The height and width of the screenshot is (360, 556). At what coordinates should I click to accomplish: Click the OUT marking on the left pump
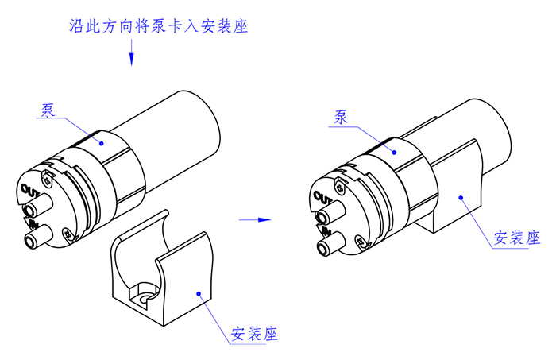point(30,189)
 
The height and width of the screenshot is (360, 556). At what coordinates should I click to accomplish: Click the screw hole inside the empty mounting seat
point(145,299)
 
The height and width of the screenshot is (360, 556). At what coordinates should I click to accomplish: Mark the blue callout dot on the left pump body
point(102,141)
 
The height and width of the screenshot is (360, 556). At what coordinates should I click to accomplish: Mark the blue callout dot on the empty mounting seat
point(198,294)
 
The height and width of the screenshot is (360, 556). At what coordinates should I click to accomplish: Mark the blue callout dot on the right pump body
point(392,148)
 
